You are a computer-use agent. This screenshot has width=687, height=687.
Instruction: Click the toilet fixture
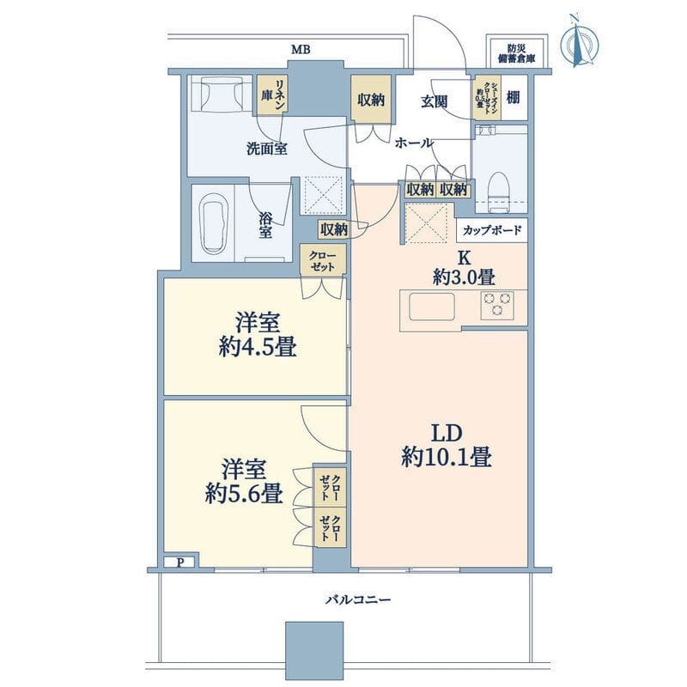pos(498,186)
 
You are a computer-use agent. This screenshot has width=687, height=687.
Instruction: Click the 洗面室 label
pos(267,148)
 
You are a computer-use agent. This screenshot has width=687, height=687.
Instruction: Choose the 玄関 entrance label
pos(435,101)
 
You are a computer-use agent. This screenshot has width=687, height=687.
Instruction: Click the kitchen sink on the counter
pos(431,306)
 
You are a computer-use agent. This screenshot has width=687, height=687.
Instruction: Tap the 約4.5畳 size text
pos(256,348)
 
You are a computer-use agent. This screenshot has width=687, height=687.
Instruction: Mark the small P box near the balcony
pos(180,562)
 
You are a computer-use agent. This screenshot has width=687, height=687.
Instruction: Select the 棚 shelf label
pos(512,97)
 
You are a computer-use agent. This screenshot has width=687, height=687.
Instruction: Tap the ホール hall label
pos(414,143)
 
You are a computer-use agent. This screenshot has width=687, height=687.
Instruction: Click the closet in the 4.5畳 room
pos(323,259)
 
